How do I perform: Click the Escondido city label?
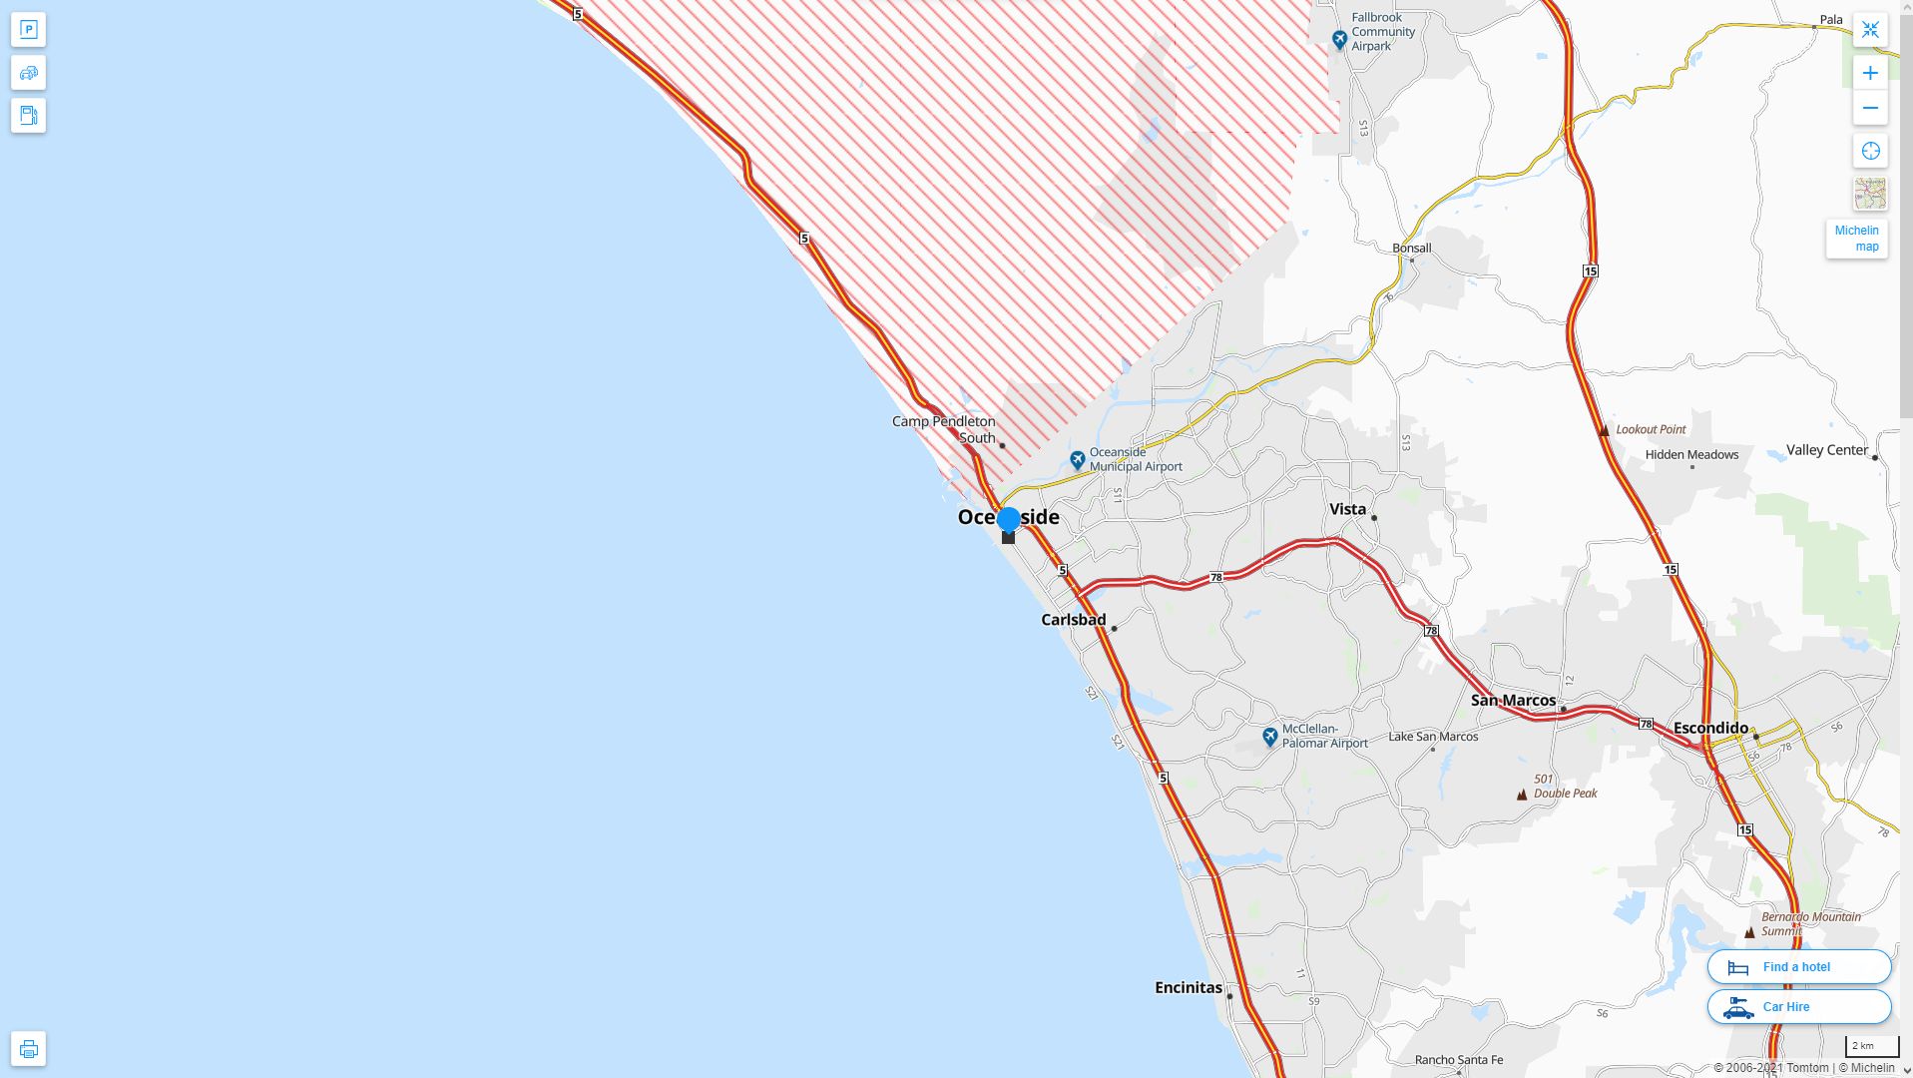pos(1710,728)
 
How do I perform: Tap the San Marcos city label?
pos(1513,700)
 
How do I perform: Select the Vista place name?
pos(1347,509)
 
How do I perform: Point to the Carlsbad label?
pos(1073,620)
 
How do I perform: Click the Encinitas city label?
pos(1188,987)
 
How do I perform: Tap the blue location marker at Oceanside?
pos(1008,519)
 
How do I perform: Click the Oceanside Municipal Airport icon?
pos(1077,460)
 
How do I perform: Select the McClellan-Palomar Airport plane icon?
pos(1269,737)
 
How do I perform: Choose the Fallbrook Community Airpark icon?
pos(1339,40)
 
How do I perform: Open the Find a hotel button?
pos(1798,966)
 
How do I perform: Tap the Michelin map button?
pos(1856,239)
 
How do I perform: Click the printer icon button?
pos(28,1048)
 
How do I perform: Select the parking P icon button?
pos(28,29)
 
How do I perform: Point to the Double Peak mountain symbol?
pos(1522,795)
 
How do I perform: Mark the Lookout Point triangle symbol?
pos(1604,430)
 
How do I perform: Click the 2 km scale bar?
pos(1871,1046)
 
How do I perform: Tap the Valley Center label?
pos(1826,450)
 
